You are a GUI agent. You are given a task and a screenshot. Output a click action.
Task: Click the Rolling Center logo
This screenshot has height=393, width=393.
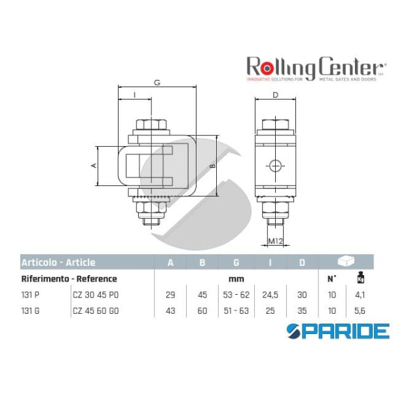point(314,68)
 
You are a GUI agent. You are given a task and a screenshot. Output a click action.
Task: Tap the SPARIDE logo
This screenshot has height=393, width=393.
point(338,329)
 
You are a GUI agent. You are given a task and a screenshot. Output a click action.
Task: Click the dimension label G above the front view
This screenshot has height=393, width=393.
point(157,83)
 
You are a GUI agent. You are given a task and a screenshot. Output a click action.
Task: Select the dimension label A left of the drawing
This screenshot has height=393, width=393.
point(94,166)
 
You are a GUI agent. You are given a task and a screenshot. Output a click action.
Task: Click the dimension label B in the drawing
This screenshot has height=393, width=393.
point(212,166)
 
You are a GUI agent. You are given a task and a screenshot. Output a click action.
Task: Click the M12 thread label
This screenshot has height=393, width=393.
point(276,242)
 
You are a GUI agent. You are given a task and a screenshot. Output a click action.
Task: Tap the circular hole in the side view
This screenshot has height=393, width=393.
point(276,166)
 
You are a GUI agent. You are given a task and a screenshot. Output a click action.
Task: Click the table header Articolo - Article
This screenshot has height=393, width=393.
point(58,263)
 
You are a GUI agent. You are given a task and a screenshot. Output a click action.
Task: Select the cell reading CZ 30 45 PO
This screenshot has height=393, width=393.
point(97,295)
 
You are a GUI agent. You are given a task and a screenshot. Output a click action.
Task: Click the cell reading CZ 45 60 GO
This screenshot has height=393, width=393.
point(97,310)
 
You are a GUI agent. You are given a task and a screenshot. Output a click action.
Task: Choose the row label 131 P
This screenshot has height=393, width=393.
point(30,295)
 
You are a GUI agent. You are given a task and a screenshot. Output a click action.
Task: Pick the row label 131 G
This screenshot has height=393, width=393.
point(30,310)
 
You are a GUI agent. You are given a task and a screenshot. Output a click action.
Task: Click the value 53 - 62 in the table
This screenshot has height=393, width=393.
point(236,295)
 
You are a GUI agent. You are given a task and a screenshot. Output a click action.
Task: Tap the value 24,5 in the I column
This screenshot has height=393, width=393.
point(270,295)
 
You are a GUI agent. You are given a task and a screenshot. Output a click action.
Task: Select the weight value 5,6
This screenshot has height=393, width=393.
point(360,310)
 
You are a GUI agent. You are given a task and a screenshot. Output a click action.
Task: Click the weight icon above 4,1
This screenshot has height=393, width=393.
point(360,279)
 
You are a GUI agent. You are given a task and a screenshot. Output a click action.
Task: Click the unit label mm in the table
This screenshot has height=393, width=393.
point(236,279)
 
